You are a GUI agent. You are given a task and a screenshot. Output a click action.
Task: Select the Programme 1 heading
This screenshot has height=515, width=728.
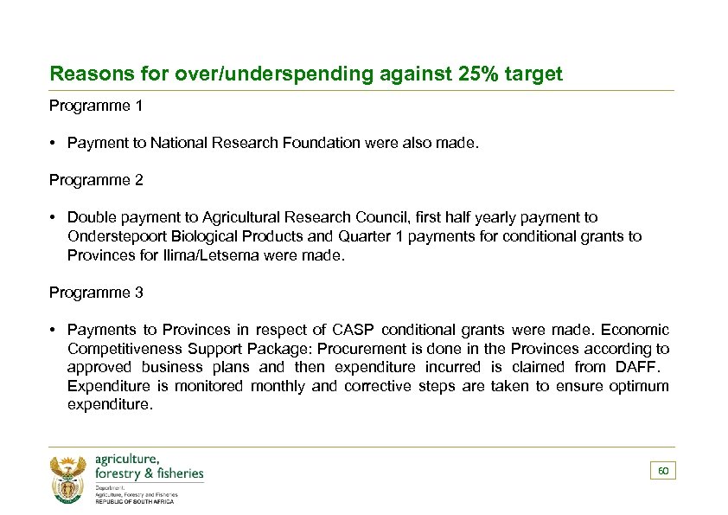tap(96, 106)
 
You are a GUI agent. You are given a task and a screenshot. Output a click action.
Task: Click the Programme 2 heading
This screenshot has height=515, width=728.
tap(96, 181)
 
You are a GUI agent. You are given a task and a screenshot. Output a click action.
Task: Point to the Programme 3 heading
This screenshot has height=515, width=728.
tap(96, 293)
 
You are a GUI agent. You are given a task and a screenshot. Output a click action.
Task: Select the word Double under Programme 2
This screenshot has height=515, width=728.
tap(92, 218)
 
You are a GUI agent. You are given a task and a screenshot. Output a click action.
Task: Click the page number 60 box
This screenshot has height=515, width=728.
tap(663, 471)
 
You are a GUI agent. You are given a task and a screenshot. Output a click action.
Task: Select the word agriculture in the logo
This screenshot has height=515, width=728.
tap(126, 459)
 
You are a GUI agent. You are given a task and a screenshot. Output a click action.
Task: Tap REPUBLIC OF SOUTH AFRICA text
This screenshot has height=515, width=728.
tap(134, 501)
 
